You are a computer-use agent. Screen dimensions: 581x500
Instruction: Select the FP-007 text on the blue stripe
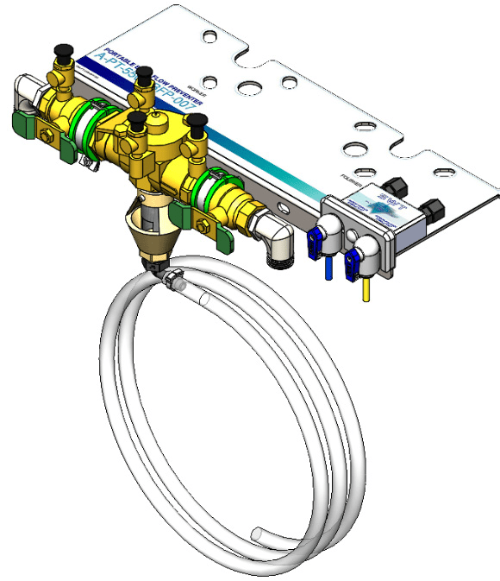[184, 96]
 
